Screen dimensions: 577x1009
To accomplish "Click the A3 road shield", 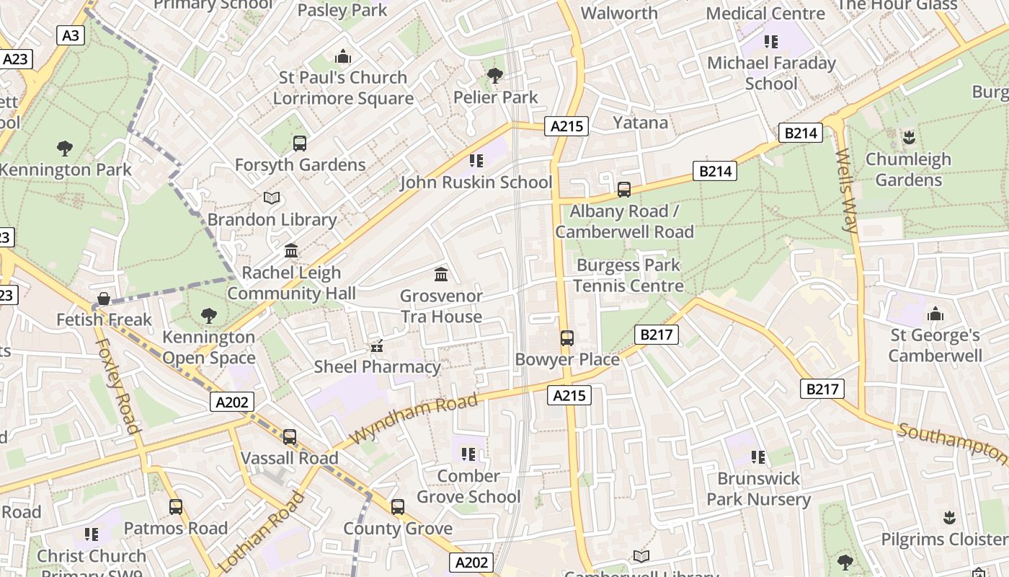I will [x=70, y=35].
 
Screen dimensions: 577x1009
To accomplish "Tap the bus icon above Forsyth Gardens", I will [x=300, y=144].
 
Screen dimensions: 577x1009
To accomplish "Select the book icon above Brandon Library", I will [x=272, y=198].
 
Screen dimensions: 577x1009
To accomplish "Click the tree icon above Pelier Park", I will [x=495, y=75].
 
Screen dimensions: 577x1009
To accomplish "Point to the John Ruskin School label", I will [x=476, y=182].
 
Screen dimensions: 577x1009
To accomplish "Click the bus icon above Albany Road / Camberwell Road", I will [x=624, y=190].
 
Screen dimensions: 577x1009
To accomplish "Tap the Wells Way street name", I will [x=846, y=190].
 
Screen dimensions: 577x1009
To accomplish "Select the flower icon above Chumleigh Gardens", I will [x=909, y=137].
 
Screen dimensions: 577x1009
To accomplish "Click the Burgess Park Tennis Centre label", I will [x=628, y=276].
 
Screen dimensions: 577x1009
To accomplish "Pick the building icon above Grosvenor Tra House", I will [x=441, y=274].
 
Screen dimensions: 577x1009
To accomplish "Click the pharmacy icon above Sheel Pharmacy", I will [x=376, y=347].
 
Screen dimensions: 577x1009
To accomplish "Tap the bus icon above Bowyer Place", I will [x=567, y=338].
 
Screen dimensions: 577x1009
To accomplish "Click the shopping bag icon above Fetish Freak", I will [x=104, y=299].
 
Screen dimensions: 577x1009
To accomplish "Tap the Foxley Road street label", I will [x=117, y=385].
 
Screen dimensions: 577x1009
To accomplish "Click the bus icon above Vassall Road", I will [x=290, y=437].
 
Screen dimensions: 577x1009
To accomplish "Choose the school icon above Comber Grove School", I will [x=468, y=454].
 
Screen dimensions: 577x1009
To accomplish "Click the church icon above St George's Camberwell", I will [x=935, y=314].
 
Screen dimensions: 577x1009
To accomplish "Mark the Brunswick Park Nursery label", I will [x=758, y=489].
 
